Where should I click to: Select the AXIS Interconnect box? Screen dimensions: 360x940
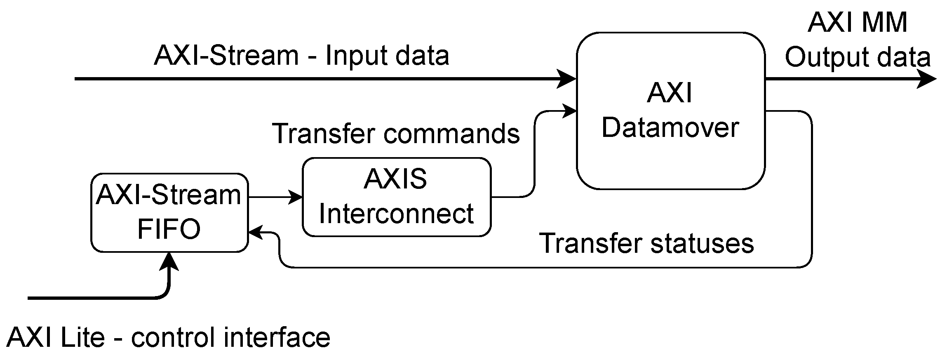[396, 197]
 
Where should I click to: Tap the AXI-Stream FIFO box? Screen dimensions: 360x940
[169, 212]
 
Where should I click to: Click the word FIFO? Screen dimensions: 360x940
[169, 229]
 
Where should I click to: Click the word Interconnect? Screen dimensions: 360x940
[396, 214]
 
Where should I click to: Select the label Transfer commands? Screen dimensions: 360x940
[396, 134]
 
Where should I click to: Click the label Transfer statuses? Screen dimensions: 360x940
[646, 243]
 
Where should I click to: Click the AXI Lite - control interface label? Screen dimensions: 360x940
[168, 337]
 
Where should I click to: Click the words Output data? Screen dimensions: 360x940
[858, 57]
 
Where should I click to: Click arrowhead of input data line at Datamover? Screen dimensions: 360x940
[566, 78]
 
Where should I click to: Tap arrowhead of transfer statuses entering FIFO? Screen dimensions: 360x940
[256, 233]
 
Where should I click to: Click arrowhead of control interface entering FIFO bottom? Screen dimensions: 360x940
[169, 261]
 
